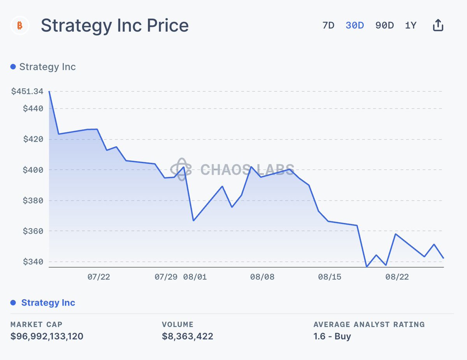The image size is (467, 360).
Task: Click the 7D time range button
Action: pyautogui.click(x=328, y=26)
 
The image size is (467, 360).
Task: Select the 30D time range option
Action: pyautogui.click(x=355, y=26)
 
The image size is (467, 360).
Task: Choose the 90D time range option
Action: pyautogui.click(x=384, y=26)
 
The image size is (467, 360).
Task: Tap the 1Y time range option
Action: pyautogui.click(x=411, y=26)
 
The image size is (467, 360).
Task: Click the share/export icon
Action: pyautogui.click(x=438, y=26)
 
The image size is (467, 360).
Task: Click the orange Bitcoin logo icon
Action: pyautogui.click(x=19, y=26)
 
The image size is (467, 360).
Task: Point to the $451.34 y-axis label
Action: pyautogui.click(x=27, y=91)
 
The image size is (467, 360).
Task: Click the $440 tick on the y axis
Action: pyautogui.click(x=33, y=108)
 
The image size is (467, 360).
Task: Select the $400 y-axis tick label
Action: pyautogui.click(x=33, y=170)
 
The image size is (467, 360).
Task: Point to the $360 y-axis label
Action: pyautogui.click(x=33, y=231)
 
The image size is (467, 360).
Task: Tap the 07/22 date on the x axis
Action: pyautogui.click(x=98, y=277)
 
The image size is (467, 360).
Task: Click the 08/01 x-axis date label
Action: pyautogui.click(x=195, y=277)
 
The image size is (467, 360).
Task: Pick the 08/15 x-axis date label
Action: pyautogui.click(x=330, y=277)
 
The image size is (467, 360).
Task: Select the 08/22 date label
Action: pyautogui.click(x=397, y=277)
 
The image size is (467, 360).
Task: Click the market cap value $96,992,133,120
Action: pyautogui.click(x=47, y=336)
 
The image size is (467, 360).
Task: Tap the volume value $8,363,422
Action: pyautogui.click(x=188, y=336)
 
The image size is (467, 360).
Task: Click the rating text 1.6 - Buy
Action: pyautogui.click(x=332, y=336)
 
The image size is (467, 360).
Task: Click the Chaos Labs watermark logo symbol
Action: pyautogui.click(x=181, y=169)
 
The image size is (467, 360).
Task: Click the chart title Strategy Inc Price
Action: pyautogui.click(x=114, y=26)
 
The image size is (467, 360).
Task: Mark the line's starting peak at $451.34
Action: pyautogui.click(x=49, y=92)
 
